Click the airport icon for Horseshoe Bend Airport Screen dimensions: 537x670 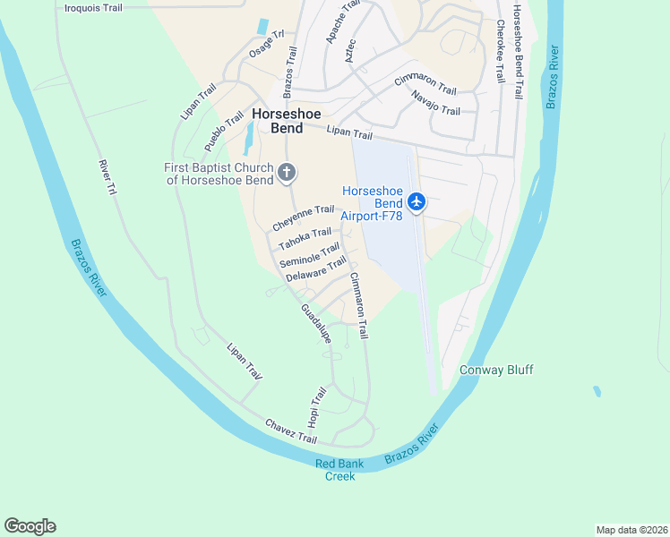pos(416,202)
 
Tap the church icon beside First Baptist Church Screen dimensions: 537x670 pos(287,172)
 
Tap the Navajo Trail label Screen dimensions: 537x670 pos(435,103)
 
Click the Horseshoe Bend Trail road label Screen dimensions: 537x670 pos(518,50)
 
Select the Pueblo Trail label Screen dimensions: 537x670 pos(223,132)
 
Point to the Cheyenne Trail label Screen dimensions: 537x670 pos(303,217)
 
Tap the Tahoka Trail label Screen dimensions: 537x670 pos(305,239)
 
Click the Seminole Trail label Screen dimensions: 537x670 pos(309,254)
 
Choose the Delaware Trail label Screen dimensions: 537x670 pos(315,269)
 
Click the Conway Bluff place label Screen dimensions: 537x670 pos(490,369)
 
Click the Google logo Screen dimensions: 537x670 pos(30,526)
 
